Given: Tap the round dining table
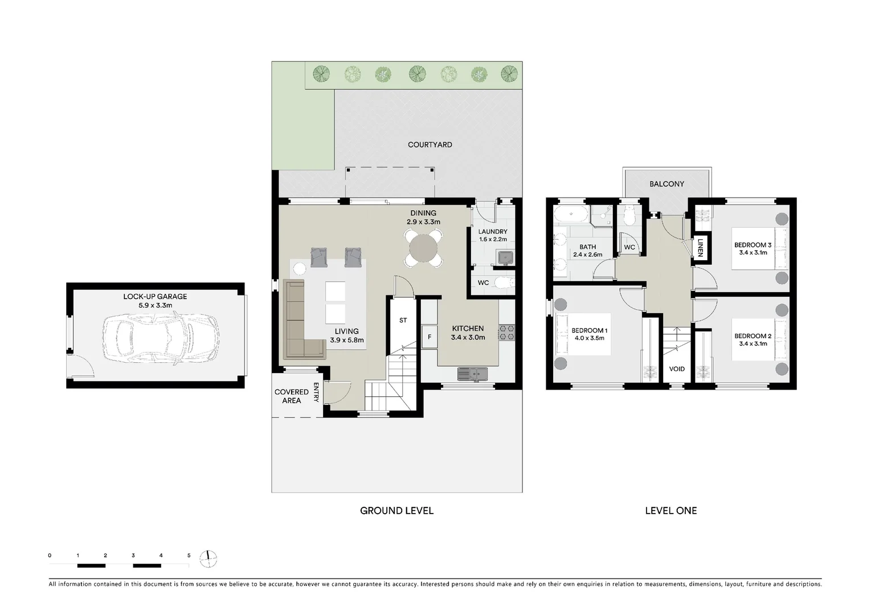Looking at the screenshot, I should click(x=423, y=248).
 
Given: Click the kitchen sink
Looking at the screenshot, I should click(x=472, y=374).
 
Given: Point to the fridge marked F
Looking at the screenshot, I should click(x=430, y=337).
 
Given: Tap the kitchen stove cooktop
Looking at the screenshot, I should click(x=506, y=333).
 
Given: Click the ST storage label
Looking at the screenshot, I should click(x=403, y=320).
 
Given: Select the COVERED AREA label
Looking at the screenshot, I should click(x=291, y=396).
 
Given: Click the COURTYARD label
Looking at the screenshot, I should click(x=430, y=145).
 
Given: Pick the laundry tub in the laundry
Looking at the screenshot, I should click(x=505, y=258).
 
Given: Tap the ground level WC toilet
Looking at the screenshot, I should click(x=503, y=282).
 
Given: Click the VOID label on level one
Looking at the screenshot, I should click(x=677, y=369).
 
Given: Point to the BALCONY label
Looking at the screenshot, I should click(x=666, y=184).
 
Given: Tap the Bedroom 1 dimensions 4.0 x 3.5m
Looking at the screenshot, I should click(x=589, y=338).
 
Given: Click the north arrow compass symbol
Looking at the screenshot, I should click(x=209, y=559).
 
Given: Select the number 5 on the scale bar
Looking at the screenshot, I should click(x=189, y=555).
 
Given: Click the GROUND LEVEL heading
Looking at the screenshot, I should click(x=396, y=511).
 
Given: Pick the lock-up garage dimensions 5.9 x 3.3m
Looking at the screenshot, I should click(x=155, y=305).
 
